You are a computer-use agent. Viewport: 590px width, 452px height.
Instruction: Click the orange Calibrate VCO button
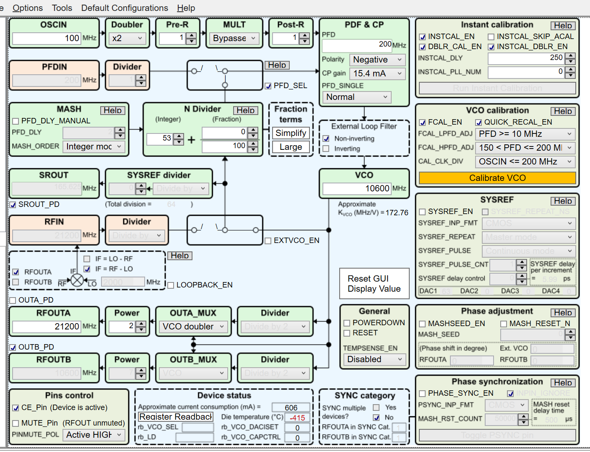pyautogui.click(x=497, y=178)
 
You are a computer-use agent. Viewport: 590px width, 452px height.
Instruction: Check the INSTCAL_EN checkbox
pyautogui.click(x=423, y=37)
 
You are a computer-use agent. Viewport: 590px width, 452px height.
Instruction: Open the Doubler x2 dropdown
pyautogui.click(x=127, y=38)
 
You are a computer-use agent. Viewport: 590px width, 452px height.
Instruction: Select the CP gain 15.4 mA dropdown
pyautogui.click(x=377, y=74)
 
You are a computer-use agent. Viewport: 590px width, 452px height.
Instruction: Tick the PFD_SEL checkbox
pyautogui.click(x=268, y=86)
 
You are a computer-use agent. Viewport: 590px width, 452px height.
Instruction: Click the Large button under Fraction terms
pyautogui.click(x=291, y=147)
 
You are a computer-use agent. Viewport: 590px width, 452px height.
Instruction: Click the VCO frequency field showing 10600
pyautogui.click(x=356, y=188)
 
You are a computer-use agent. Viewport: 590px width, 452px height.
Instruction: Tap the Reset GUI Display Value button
pyautogui.click(x=374, y=284)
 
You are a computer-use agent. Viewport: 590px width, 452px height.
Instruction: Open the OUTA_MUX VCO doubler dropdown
pyautogui.click(x=193, y=327)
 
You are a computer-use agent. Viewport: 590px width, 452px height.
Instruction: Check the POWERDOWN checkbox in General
pyautogui.click(x=347, y=323)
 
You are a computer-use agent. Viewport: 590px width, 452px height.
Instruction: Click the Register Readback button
pyautogui.click(x=176, y=417)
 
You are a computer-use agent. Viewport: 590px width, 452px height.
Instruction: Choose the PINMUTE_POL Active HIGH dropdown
pyautogui.click(x=94, y=435)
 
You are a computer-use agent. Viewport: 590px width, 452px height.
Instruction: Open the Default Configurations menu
pyautogui.click(x=125, y=8)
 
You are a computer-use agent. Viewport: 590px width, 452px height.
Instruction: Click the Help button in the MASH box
pyautogui.click(x=113, y=110)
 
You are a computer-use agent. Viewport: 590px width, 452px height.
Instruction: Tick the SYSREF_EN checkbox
pyautogui.click(x=423, y=212)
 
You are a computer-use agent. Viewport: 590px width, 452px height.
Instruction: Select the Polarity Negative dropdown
pyautogui.click(x=377, y=60)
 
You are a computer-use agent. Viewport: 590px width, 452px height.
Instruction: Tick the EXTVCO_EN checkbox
pyautogui.click(x=268, y=241)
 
